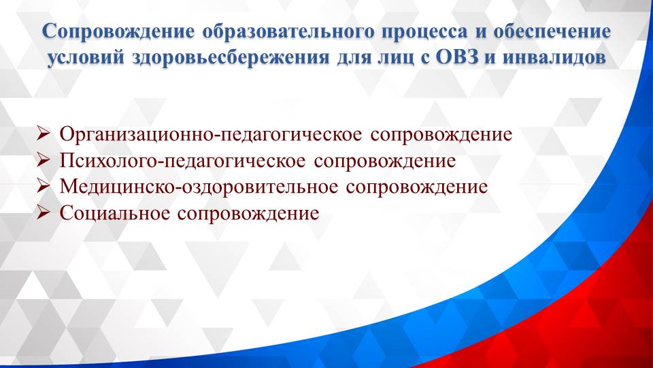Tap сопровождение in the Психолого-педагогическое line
pyautogui.click(x=385, y=161)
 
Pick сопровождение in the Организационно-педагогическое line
pyautogui.click(x=442, y=134)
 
